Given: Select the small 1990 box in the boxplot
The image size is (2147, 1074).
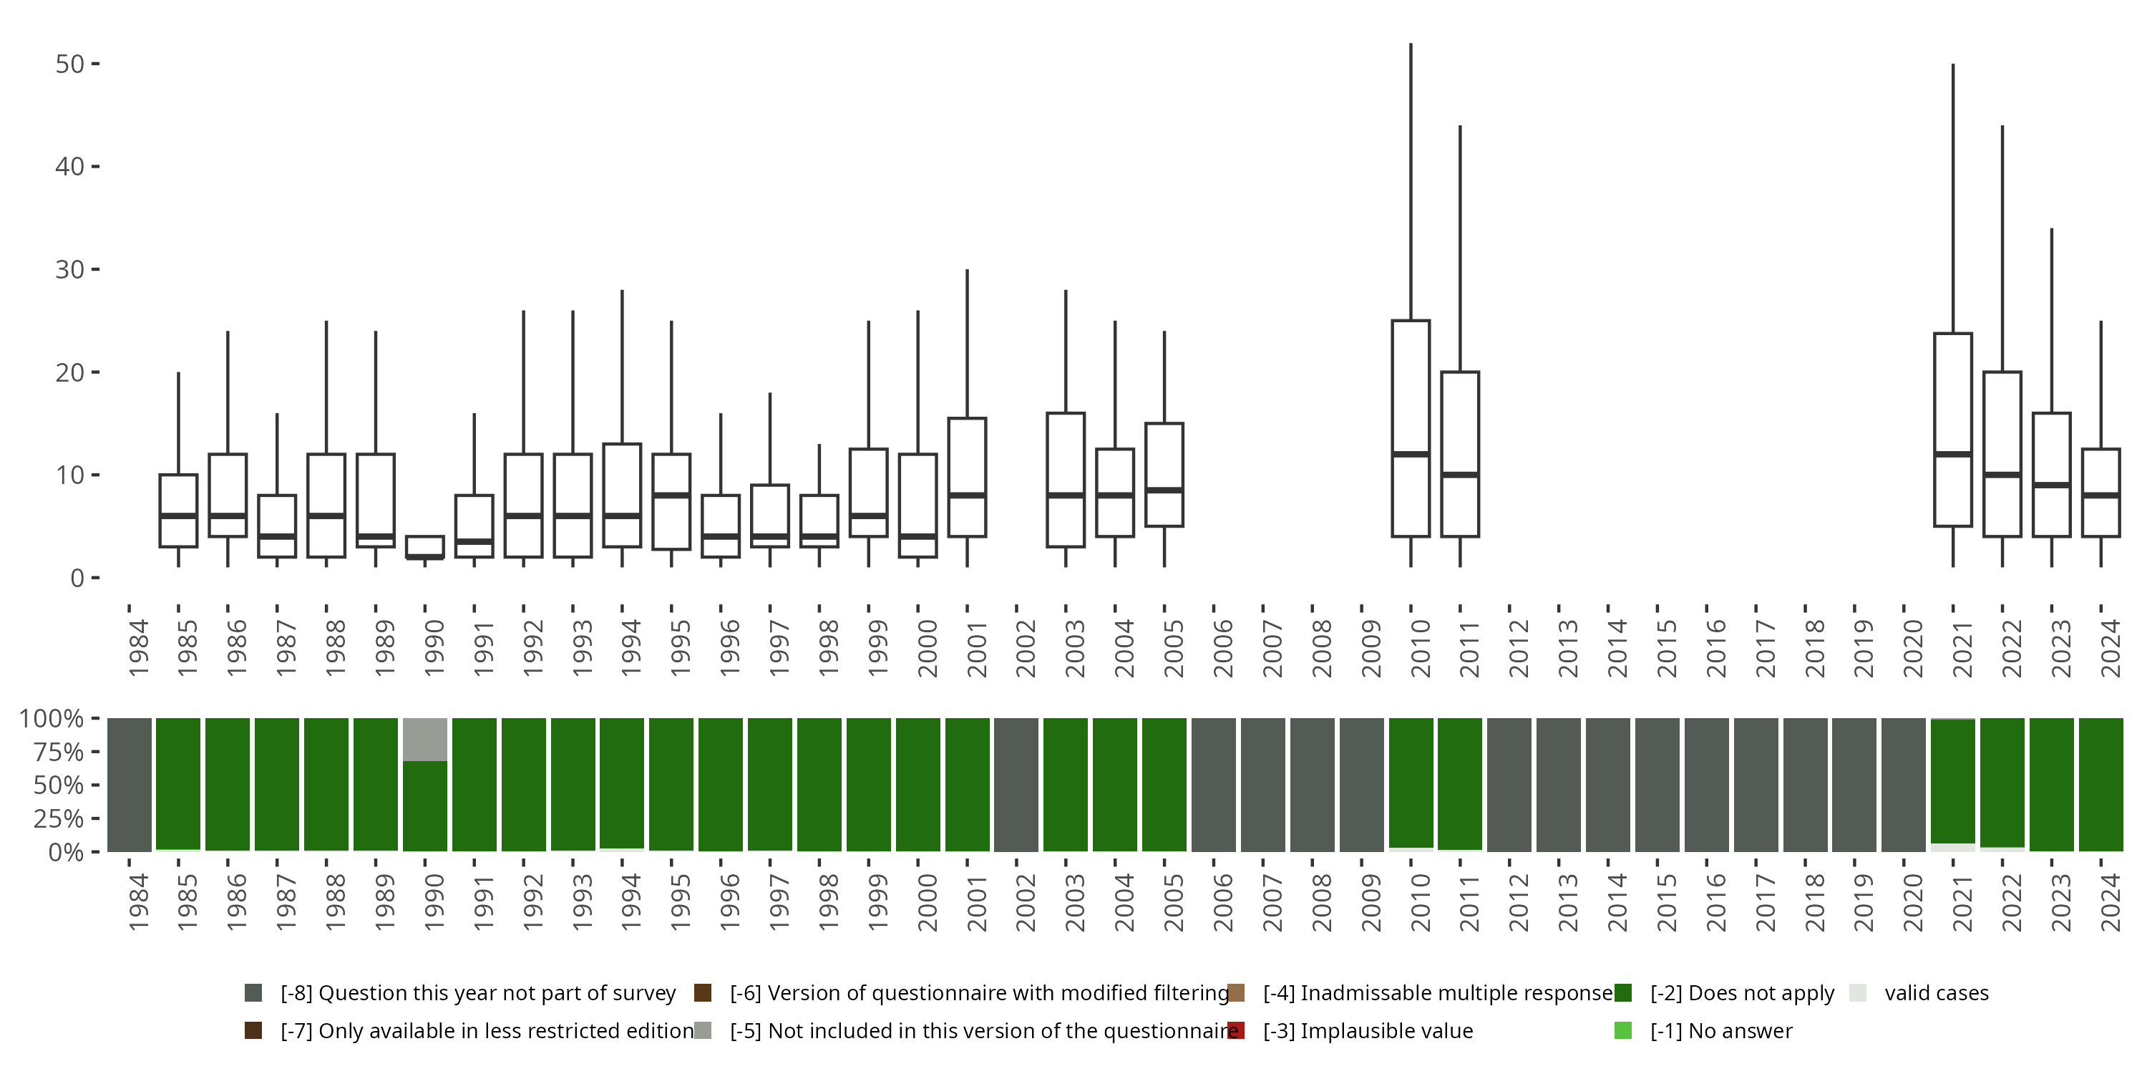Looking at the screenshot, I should coord(424,546).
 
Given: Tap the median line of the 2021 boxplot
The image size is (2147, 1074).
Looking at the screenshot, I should coord(1953,455).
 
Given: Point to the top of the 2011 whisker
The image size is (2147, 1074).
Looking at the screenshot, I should coord(1460,127).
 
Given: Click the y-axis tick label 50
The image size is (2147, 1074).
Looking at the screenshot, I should coord(70,64).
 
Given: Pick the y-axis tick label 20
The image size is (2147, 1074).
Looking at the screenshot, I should coord(70,373).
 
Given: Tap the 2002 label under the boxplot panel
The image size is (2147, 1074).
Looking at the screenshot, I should coord(1025,649).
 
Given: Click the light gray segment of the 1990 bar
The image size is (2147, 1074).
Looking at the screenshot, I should coord(425,740).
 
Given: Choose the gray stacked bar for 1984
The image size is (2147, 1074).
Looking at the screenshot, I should coord(130,784).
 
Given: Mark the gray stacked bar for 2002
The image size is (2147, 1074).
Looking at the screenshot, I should coord(1016,784).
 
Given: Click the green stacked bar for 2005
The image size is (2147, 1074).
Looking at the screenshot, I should coord(1164,784).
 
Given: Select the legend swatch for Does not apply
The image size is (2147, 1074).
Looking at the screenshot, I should coord(1622,993).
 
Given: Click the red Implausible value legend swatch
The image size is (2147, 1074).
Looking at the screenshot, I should coord(1236,1030).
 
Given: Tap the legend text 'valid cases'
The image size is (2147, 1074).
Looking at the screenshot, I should coord(1936,993).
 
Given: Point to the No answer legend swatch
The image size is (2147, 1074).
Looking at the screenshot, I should coord(1622,1030).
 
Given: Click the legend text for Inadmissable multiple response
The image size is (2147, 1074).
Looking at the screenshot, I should coord(1438,993).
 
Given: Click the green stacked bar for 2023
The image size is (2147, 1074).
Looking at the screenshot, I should coord(2051,784).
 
